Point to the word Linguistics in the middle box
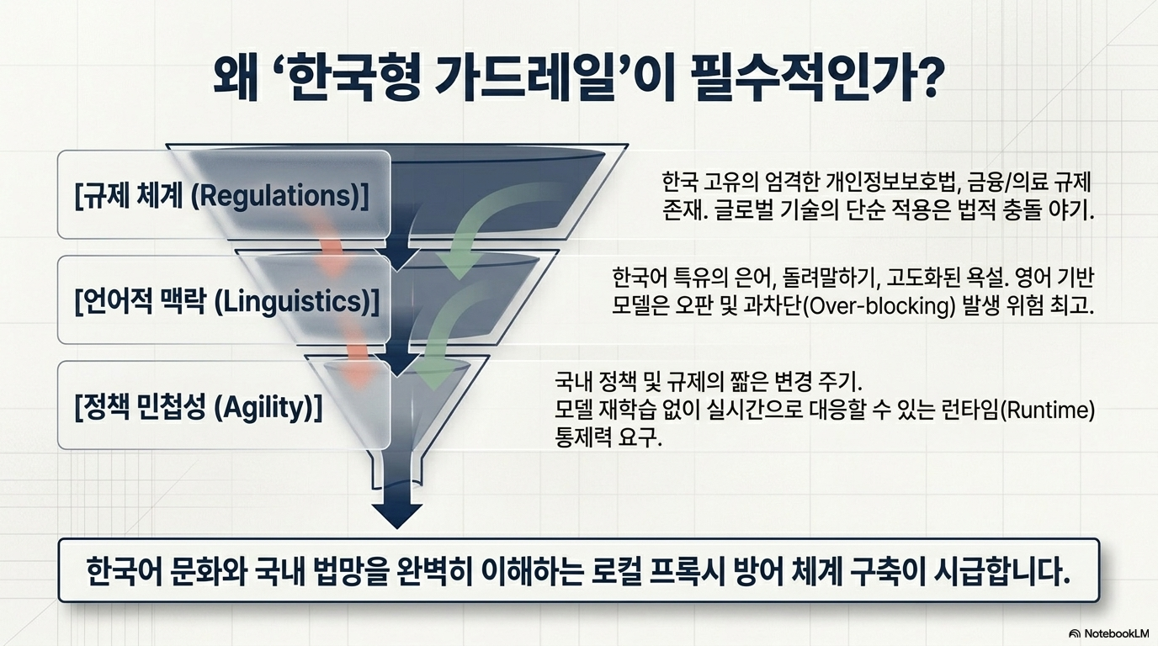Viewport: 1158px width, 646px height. [295, 301]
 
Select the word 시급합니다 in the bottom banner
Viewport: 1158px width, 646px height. [1002, 570]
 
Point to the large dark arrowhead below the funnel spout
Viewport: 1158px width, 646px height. [397, 514]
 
